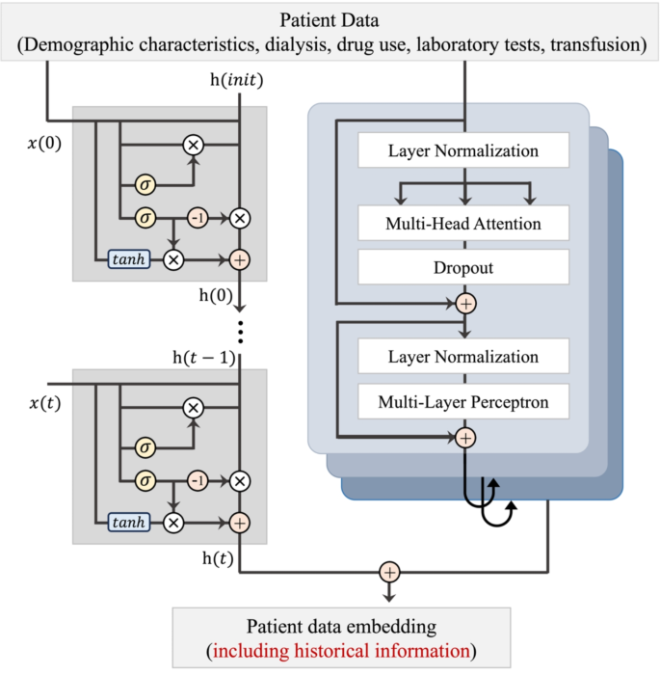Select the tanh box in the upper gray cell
[129, 258]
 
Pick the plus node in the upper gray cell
[240, 258]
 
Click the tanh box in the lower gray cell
[129, 522]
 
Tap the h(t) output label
[216, 557]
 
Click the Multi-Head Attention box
[463, 225]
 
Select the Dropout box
[463, 269]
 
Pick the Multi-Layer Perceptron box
[463, 400]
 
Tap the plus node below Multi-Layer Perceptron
[465, 437]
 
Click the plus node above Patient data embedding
[388, 572]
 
